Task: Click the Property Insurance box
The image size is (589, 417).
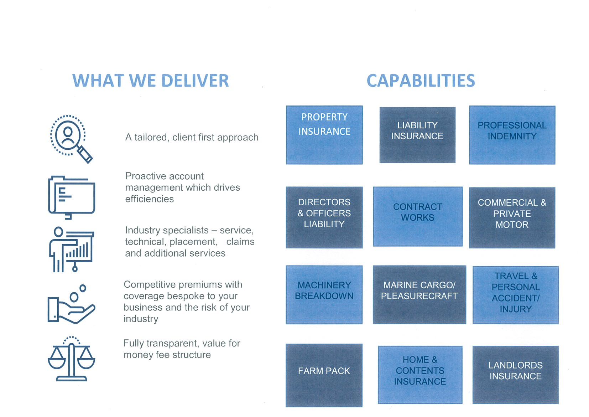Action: click(x=324, y=135)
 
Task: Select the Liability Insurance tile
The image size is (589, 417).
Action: click(x=417, y=135)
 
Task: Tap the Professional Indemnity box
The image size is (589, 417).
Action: click(x=512, y=135)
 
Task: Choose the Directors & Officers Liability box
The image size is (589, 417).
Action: click(x=324, y=217)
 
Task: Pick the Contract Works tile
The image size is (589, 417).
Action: click(x=418, y=217)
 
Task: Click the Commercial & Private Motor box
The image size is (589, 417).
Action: click(x=512, y=217)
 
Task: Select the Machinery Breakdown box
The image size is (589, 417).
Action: click(x=324, y=295)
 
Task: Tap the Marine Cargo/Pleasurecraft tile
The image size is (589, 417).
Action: click(x=419, y=295)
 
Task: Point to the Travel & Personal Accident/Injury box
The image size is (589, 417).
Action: click(x=515, y=295)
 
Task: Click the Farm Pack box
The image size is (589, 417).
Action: click(x=324, y=375)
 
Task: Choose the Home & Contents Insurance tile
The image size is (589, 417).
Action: click(x=420, y=375)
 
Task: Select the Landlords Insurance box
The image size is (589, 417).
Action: click(x=515, y=375)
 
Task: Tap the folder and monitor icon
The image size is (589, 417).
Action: click(x=72, y=197)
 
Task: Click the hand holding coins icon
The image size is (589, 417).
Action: click(x=71, y=304)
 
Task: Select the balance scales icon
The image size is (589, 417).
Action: click(x=71, y=359)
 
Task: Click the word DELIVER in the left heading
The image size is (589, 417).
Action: click(x=195, y=81)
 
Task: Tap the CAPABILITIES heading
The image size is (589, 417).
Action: click(x=421, y=81)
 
